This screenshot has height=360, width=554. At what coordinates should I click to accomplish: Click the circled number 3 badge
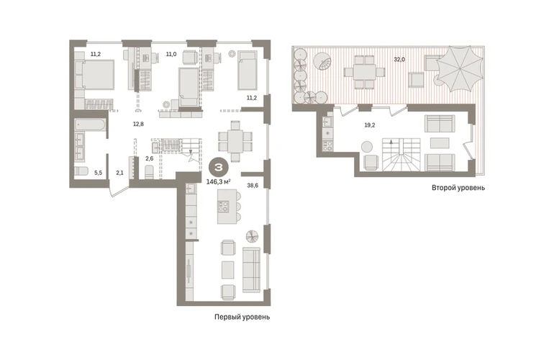click(218, 168)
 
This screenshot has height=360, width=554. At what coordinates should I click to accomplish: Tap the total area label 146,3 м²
click(218, 181)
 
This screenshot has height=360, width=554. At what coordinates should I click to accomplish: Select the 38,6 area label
click(253, 185)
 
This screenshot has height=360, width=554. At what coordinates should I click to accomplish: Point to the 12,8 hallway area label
click(138, 124)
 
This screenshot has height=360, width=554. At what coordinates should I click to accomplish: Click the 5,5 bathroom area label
click(98, 173)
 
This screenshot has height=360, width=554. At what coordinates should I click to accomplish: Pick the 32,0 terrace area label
click(399, 60)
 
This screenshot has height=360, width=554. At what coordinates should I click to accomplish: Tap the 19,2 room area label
click(370, 125)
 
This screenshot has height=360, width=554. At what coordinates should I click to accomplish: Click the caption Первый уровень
click(242, 318)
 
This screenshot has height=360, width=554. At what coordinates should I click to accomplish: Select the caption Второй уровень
click(458, 188)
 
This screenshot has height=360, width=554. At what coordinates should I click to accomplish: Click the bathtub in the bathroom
click(90, 125)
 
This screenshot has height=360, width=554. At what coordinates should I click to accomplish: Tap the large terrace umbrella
click(459, 68)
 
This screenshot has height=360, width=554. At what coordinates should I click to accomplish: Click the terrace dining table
click(365, 72)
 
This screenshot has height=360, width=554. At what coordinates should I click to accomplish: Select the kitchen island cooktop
click(224, 207)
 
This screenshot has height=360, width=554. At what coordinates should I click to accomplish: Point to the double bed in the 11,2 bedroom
click(95, 74)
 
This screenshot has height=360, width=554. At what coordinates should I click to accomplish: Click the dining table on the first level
click(235, 141)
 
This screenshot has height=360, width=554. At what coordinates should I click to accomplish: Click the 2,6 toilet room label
click(150, 158)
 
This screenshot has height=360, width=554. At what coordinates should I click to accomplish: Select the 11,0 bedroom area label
click(171, 54)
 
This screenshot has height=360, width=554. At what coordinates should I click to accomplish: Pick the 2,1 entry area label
click(119, 173)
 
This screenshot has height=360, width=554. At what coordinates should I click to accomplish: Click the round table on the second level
click(367, 146)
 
